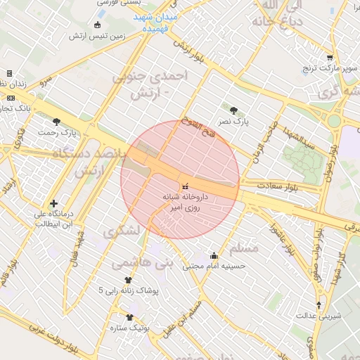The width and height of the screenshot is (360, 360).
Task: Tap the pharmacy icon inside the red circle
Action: tap(185, 187)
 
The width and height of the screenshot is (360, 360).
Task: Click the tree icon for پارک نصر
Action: tap(233, 110)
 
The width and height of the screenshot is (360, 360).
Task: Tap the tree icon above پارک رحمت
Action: tap(56, 122)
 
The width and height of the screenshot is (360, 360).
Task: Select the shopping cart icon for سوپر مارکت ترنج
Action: tap(330, 58)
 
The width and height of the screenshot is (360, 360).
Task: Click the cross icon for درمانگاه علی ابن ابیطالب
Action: tap(53, 203)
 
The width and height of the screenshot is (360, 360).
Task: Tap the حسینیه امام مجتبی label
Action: tap(213, 266)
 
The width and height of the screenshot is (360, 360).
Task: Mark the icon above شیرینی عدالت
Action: tap(319, 305)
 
